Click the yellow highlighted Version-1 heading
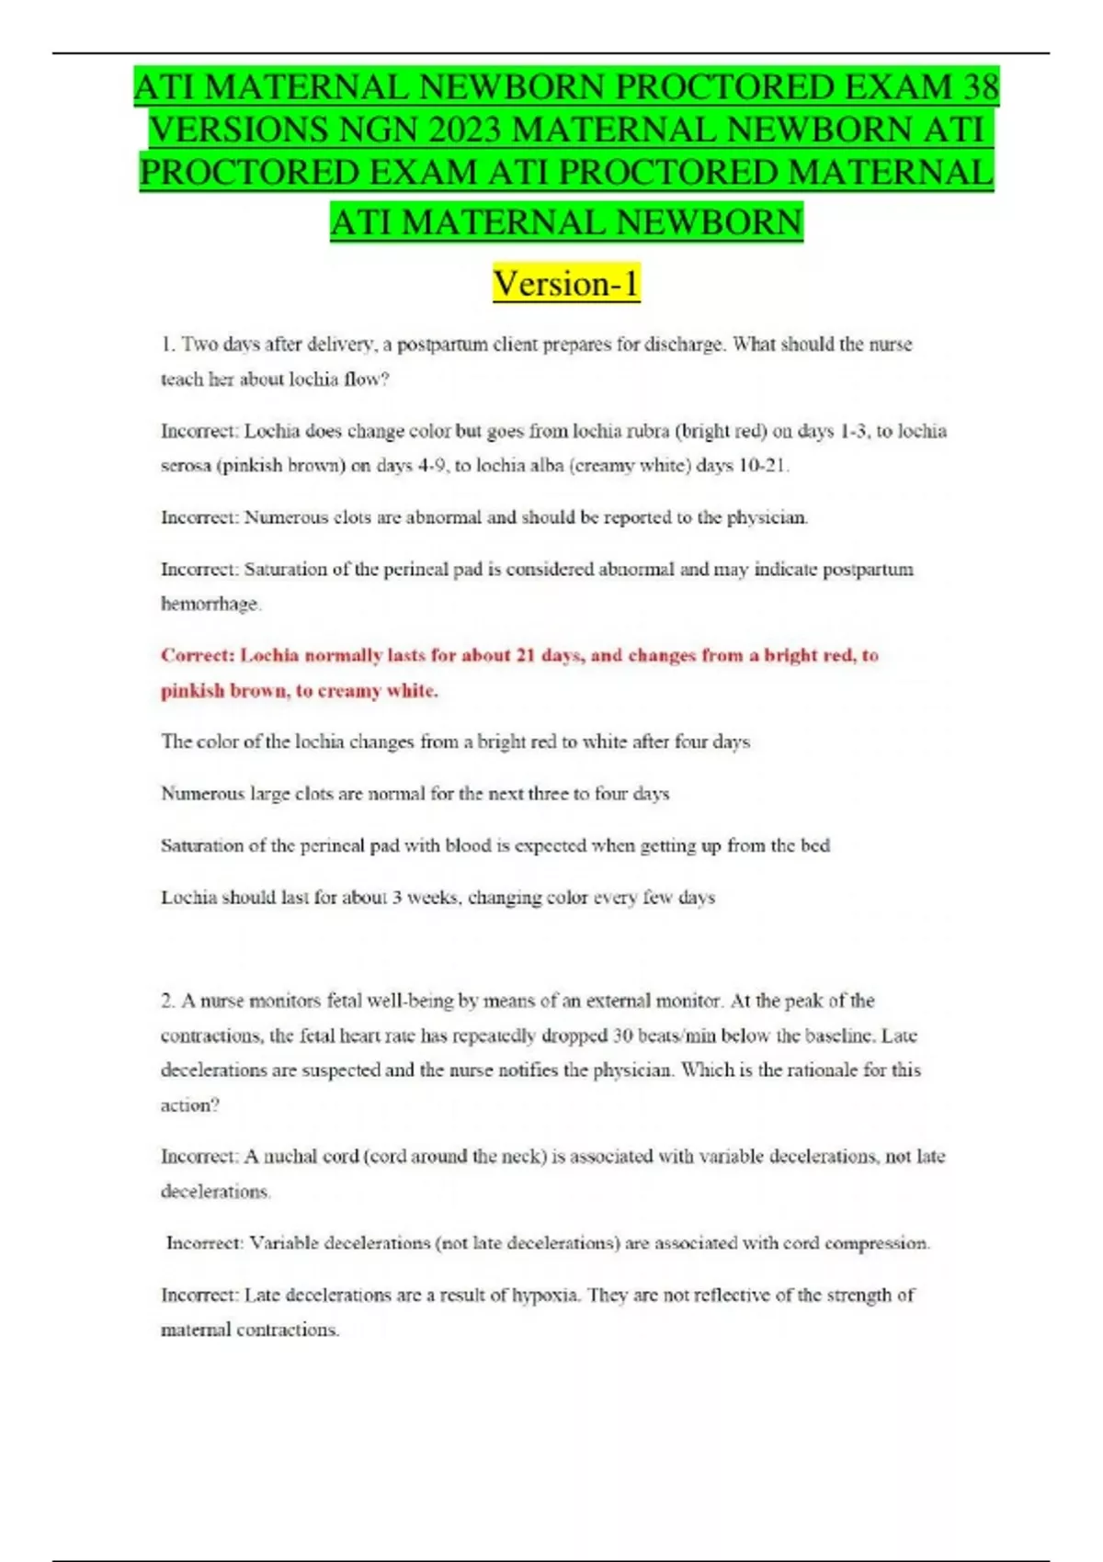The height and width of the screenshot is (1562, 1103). (566, 283)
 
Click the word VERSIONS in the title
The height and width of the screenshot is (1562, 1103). (240, 130)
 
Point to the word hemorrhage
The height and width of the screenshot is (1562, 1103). (210, 604)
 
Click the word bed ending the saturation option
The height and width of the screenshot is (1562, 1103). (816, 845)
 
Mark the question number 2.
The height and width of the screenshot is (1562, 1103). (166, 1001)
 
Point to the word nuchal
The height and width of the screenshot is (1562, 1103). (290, 1157)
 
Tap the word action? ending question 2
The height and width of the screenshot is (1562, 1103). (190, 1104)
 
